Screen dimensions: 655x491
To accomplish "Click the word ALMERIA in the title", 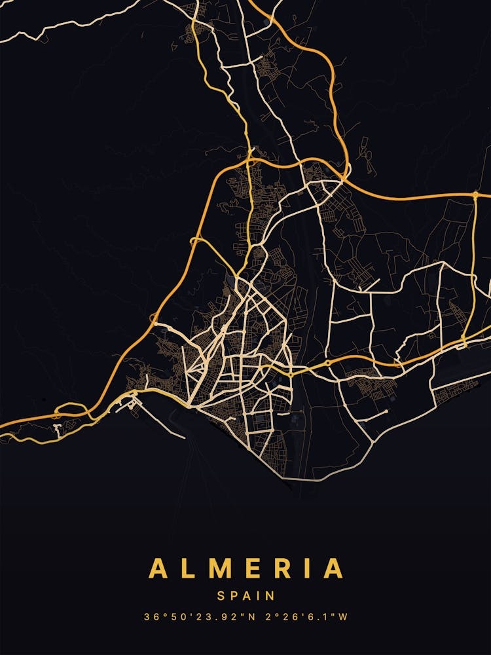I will [245, 568].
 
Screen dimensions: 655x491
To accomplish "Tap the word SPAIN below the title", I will [245, 596].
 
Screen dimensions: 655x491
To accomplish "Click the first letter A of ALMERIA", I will [158, 568].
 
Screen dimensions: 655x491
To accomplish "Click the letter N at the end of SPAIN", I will [270, 596].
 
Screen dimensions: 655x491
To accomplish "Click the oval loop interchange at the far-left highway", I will [71, 411].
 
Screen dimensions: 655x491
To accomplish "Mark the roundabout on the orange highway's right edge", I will [475, 195].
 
